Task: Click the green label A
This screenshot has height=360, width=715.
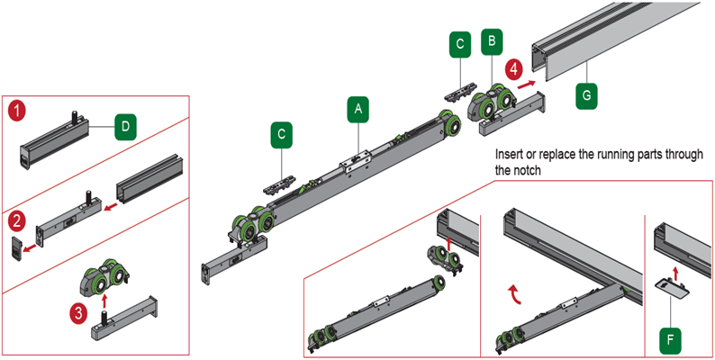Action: tap(358, 109)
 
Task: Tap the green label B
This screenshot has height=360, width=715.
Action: tap(491, 41)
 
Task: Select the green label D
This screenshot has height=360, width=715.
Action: tap(124, 127)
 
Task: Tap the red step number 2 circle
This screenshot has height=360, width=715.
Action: tap(17, 220)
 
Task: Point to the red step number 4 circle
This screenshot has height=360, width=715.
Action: tap(513, 68)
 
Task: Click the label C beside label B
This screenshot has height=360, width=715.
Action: tap(460, 43)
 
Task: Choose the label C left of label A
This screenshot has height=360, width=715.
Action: tap(284, 135)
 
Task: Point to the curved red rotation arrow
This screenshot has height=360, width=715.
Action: tap(517, 291)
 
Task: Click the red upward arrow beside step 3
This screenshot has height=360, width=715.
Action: tap(105, 295)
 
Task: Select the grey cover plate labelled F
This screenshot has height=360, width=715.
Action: tap(671, 287)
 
